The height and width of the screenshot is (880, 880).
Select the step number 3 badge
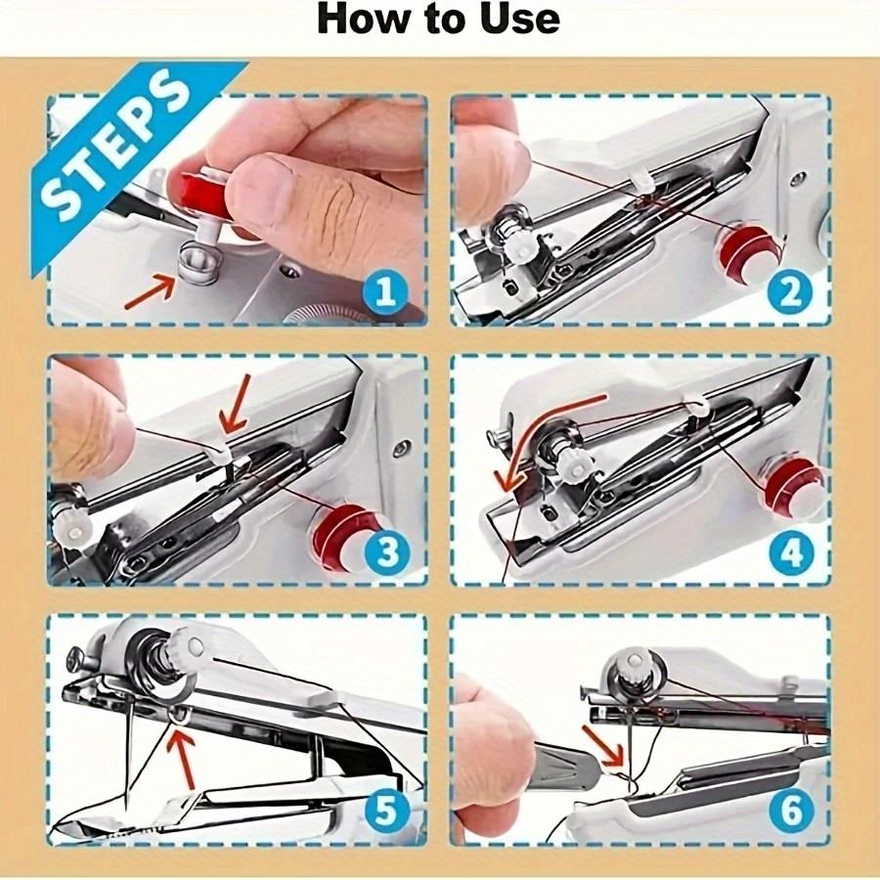(386, 552)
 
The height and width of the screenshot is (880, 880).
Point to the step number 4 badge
(790, 552)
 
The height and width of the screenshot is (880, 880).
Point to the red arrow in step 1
(151, 293)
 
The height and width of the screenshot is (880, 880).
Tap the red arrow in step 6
(604, 744)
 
